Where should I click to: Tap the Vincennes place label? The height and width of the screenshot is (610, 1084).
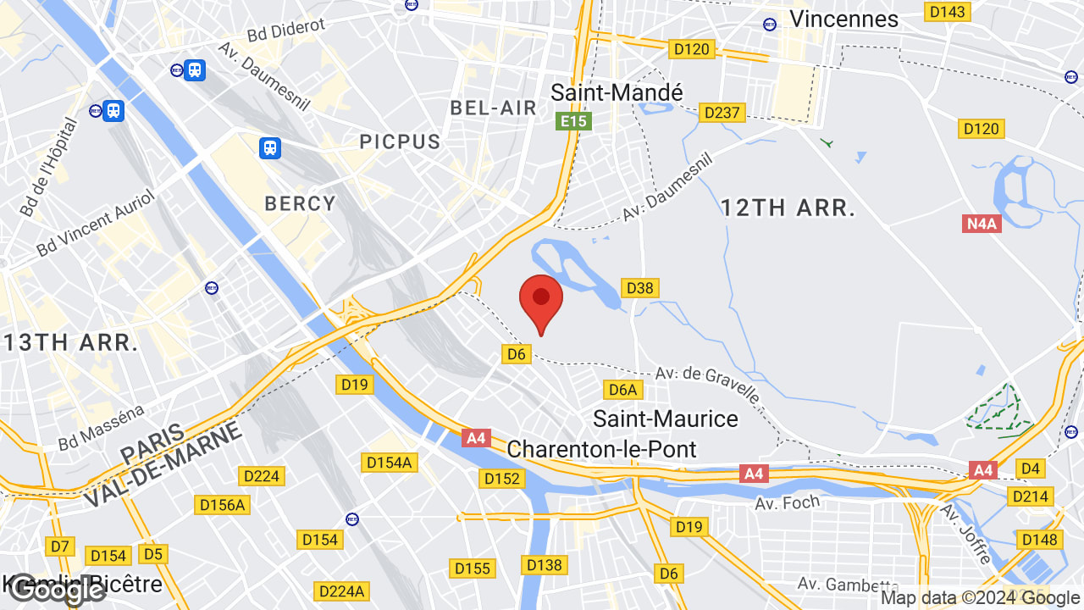[843, 19]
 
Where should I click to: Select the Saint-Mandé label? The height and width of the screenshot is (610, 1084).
[617, 91]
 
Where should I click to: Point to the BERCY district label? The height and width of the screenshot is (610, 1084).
[301, 204]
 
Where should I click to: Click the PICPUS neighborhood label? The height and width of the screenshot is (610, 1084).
[401, 141]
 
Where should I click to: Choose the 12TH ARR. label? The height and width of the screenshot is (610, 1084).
[788, 208]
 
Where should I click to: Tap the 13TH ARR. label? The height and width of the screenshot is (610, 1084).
[70, 343]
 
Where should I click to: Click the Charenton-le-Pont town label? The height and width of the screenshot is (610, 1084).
[601, 449]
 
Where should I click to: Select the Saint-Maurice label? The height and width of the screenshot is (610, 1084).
[666, 419]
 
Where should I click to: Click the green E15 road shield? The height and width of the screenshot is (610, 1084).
[573, 121]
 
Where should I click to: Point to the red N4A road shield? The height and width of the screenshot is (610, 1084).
[982, 224]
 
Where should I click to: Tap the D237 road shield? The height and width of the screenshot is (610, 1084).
[722, 113]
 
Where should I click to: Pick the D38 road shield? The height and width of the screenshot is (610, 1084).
[640, 288]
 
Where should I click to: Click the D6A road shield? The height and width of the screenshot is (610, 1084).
[622, 390]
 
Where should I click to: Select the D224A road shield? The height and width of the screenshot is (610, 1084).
[340, 591]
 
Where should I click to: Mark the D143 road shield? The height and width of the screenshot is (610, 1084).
[948, 11]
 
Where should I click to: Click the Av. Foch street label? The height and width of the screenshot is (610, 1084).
[788, 502]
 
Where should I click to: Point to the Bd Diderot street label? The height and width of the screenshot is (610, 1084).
[286, 30]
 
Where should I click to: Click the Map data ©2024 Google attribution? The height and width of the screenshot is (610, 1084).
[980, 598]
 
